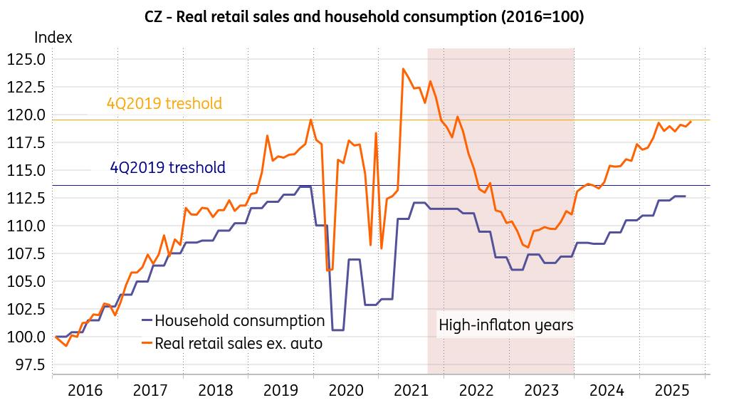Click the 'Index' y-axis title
(53, 38)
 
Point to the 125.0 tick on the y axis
(26, 59)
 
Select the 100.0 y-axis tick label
(26, 337)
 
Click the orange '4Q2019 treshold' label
(164, 104)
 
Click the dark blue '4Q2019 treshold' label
(168, 168)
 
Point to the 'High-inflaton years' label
(505, 325)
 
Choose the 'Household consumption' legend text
(239, 320)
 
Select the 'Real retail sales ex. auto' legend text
(238, 344)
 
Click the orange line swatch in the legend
(147, 344)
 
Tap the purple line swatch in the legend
(147, 320)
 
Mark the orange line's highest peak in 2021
(404, 69)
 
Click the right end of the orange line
(691, 122)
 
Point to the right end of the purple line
(685, 196)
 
